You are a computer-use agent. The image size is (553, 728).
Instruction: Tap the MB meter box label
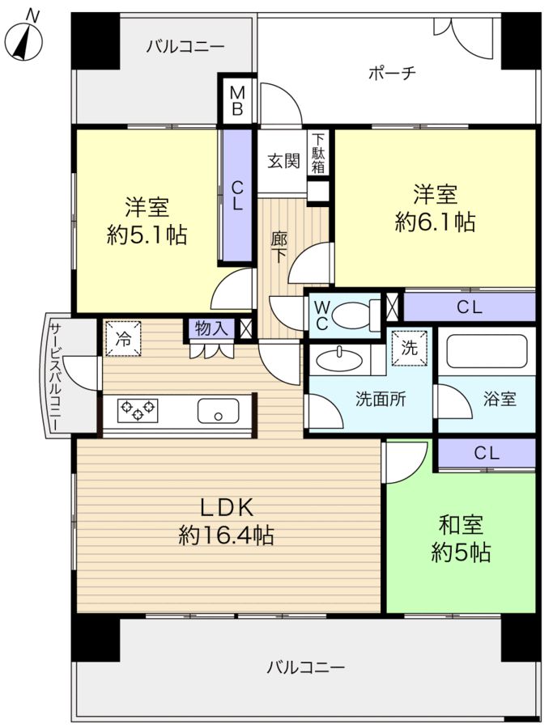[x=237, y=101]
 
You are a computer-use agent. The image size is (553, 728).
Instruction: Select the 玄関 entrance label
[x=283, y=161]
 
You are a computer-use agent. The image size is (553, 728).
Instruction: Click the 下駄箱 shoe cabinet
[x=318, y=153]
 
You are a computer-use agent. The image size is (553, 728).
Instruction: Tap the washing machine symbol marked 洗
[x=409, y=348]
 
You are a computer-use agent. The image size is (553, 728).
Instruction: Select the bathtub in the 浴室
[x=486, y=352]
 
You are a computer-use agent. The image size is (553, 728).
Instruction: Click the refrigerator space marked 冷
[x=123, y=340]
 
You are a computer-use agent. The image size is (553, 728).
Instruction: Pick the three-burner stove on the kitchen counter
[x=138, y=410]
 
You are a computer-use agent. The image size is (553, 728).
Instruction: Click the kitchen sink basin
[x=218, y=410]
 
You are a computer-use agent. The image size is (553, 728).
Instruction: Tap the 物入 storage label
[x=211, y=328]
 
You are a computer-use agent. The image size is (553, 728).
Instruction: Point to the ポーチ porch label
[x=392, y=73]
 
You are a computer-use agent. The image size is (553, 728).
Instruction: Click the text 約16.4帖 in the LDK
[x=226, y=536]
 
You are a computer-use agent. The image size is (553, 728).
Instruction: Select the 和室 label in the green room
[x=461, y=525]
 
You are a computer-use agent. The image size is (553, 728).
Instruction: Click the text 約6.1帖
[x=435, y=222]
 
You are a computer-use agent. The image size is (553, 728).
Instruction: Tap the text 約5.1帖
[x=147, y=235]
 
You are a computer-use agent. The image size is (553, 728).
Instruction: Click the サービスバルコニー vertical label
[x=55, y=376]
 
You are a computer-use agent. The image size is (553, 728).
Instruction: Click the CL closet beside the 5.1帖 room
[x=237, y=196]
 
